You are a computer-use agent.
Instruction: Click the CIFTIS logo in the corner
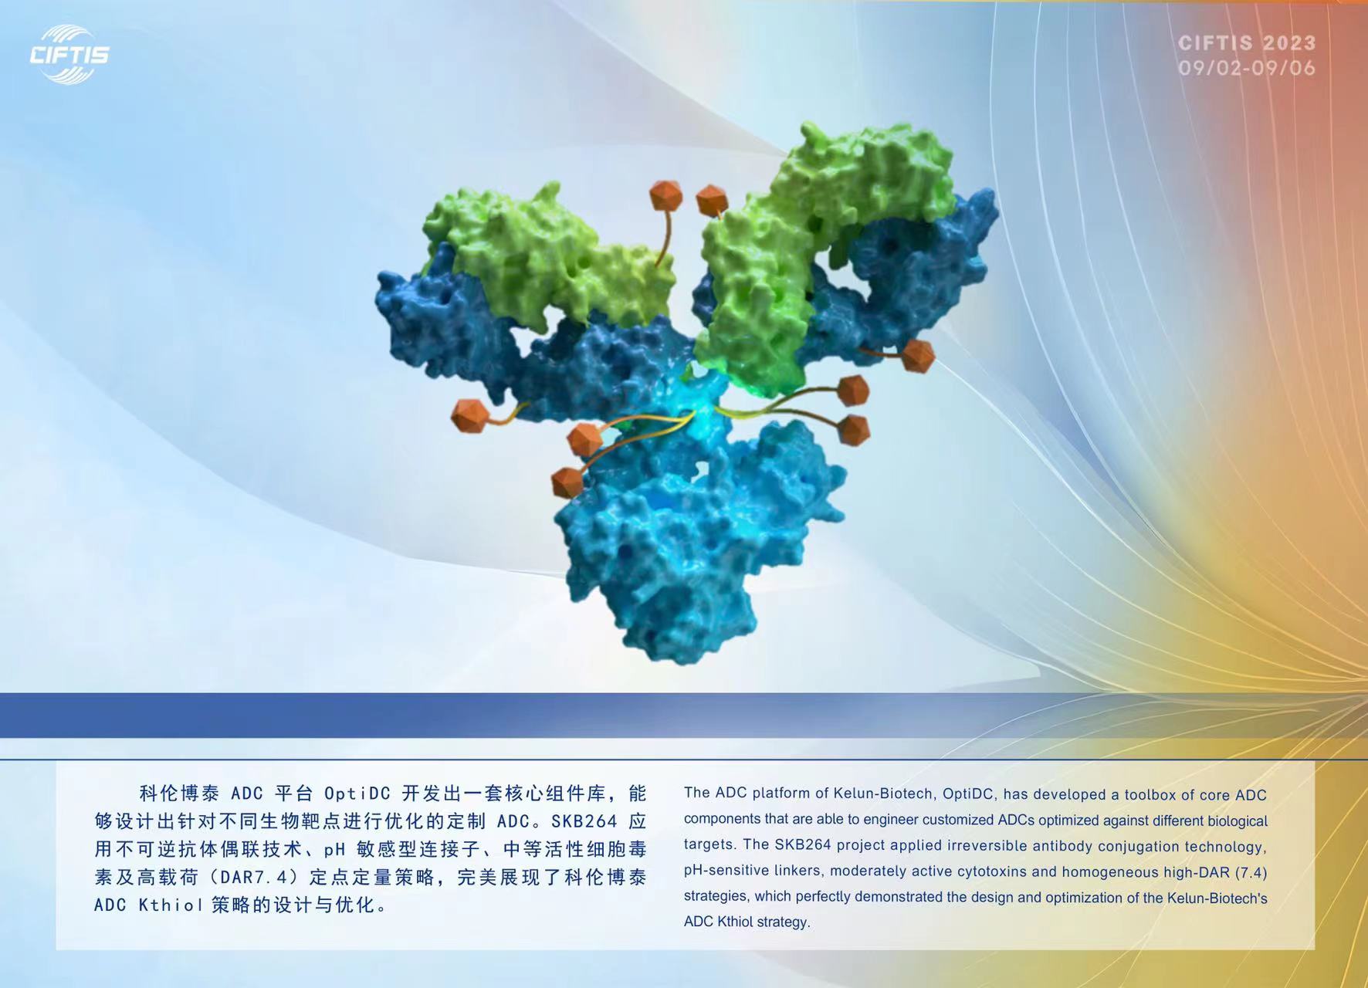tap(69, 54)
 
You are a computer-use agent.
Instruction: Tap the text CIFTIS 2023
tap(1247, 43)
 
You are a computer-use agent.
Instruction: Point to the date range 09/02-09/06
tap(1247, 68)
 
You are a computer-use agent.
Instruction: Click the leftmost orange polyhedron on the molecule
tap(470, 415)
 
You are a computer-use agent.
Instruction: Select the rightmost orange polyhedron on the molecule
tap(918, 356)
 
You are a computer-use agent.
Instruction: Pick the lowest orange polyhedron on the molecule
tap(567, 482)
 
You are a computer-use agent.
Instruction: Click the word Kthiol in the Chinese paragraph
tap(171, 905)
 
